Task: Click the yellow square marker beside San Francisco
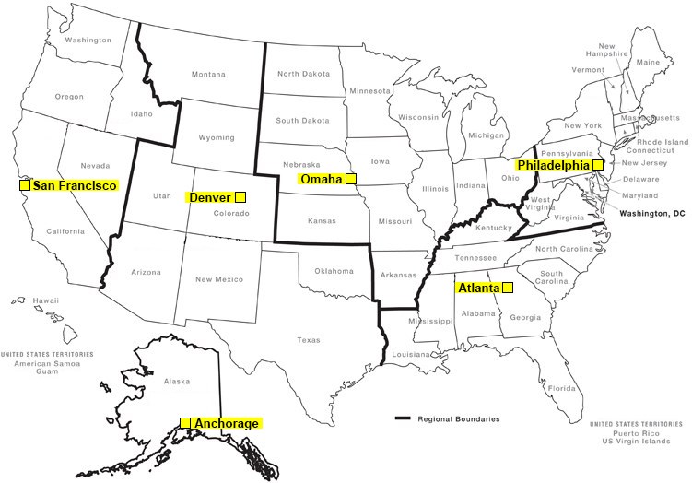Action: pyautogui.click(x=25, y=185)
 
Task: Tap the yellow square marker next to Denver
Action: pyautogui.click(x=240, y=196)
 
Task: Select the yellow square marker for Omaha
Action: pyautogui.click(x=350, y=178)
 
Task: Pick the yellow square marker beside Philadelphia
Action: pyautogui.click(x=597, y=164)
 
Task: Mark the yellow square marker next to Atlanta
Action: pyautogui.click(x=507, y=287)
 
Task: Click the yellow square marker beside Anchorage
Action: pyautogui.click(x=185, y=423)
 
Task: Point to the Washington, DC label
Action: pyautogui.click(x=651, y=213)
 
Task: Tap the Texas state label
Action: pyautogui.click(x=309, y=340)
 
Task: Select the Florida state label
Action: pyautogui.click(x=561, y=388)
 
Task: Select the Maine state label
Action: pyautogui.click(x=648, y=63)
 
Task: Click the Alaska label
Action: pyautogui.click(x=175, y=381)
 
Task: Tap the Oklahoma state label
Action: pyautogui.click(x=334, y=271)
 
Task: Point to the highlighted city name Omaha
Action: pyautogui.click(x=322, y=178)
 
